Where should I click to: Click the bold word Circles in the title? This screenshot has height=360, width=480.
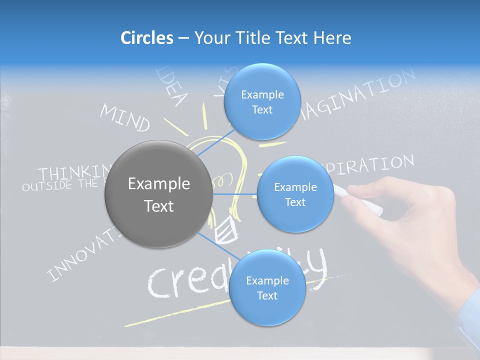(x=147, y=38)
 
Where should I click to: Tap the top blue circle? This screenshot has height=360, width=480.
(x=262, y=101)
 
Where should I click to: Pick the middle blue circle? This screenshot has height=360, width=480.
(x=295, y=194)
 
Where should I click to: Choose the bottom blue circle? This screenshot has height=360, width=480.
(x=267, y=288)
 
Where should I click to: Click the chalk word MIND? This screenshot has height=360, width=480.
(x=125, y=118)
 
